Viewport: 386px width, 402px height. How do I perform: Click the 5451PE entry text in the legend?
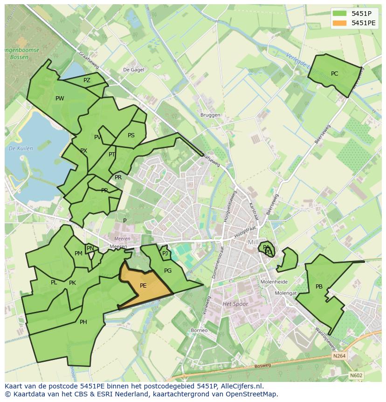tap(364, 22)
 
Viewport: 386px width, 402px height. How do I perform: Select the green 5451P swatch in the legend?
tap(339, 14)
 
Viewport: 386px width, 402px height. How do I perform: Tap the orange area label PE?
tap(143, 286)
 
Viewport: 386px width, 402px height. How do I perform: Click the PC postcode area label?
tap(334, 74)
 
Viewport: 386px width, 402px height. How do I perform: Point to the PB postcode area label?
tap(319, 287)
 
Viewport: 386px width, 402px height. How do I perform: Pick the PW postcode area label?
tap(60, 99)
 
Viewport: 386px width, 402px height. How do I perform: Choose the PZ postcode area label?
tap(87, 80)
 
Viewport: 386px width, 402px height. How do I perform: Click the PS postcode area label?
tap(131, 136)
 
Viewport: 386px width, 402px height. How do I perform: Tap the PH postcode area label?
tap(83, 322)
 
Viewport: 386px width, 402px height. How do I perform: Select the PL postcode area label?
tap(54, 282)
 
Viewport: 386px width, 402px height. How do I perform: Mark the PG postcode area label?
tap(168, 271)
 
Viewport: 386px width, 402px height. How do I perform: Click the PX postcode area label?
tap(83, 151)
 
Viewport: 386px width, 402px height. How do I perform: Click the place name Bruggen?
tap(210, 115)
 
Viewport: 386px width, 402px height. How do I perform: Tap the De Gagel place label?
tap(133, 70)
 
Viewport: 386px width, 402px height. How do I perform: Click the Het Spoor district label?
tap(235, 304)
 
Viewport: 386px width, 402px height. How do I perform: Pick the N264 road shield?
tap(339, 356)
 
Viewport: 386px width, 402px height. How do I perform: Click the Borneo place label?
tap(199, 331)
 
